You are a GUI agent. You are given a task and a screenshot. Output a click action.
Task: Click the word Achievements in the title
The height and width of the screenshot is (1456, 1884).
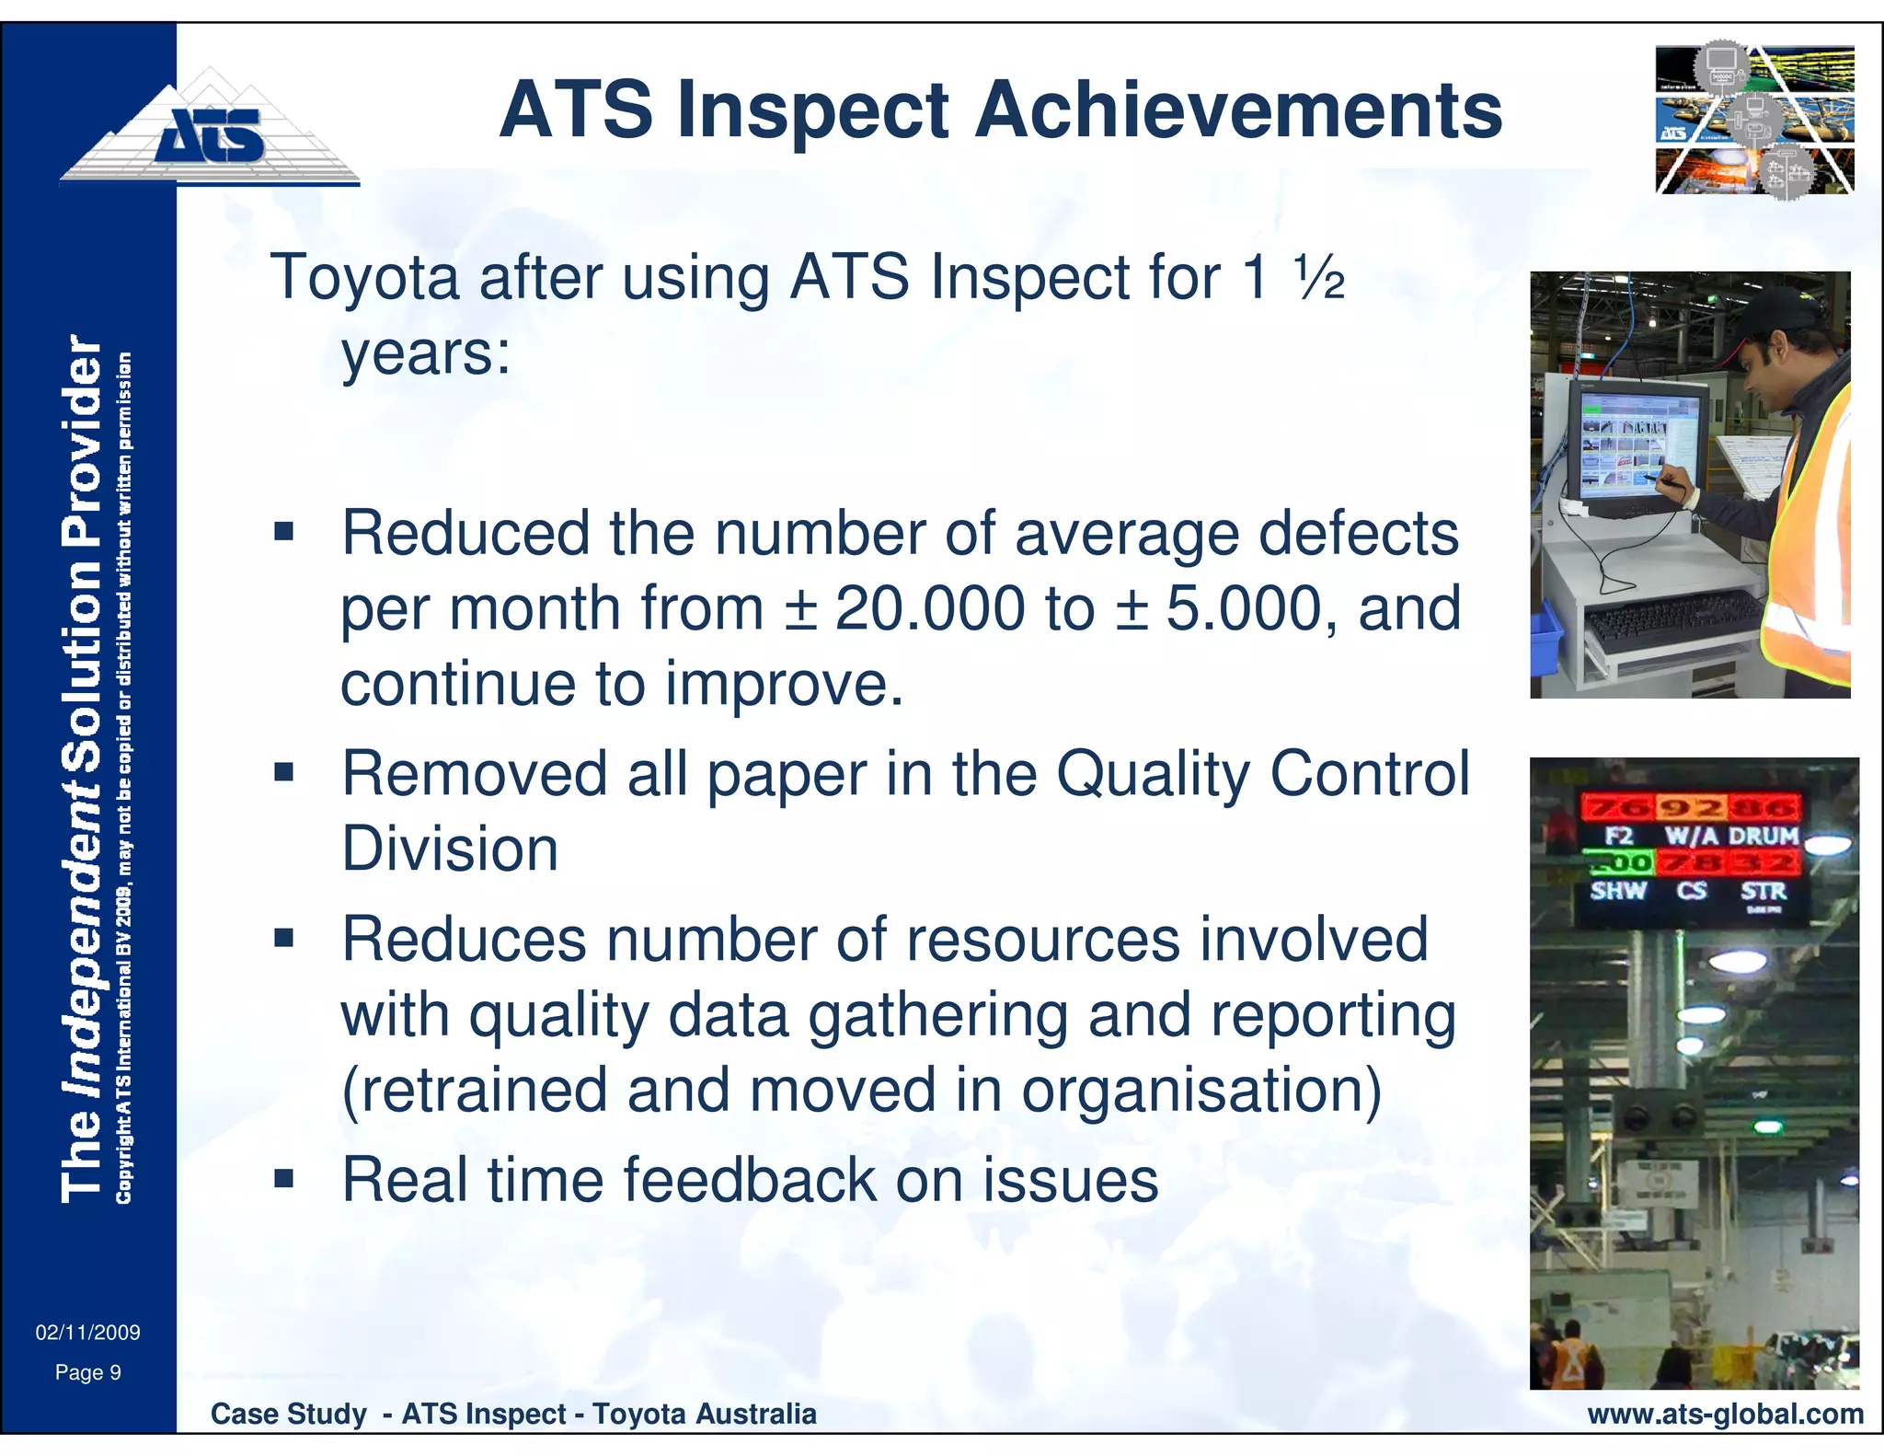(1237, 110)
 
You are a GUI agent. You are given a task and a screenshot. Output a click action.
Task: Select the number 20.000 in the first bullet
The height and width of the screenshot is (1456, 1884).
(929, 609)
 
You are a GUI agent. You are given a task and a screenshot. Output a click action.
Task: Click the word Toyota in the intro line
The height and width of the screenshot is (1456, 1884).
(364, 277)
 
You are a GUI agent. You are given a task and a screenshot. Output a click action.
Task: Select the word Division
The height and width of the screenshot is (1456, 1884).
(450, 849)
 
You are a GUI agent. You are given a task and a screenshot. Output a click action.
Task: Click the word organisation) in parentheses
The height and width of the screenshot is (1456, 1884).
(1200, 1091)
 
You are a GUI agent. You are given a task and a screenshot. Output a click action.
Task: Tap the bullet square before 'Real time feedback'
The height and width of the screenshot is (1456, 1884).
(283, 1178)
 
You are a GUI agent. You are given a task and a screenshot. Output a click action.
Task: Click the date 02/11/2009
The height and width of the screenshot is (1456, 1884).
(87, 1333)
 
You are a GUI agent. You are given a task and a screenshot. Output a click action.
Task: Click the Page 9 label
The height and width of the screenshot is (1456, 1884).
(87, 1373)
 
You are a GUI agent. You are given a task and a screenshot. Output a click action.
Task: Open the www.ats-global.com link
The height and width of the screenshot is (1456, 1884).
(1725, 1415)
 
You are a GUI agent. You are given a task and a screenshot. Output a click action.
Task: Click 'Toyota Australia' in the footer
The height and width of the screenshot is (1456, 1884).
(704, 1415)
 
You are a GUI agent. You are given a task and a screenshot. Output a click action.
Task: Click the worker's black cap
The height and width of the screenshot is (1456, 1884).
(1780, 318)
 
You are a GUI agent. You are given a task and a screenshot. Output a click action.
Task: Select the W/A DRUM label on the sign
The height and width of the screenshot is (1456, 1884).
(1730, 836)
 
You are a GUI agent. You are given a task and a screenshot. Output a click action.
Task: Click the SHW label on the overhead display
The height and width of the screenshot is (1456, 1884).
(1618, 891)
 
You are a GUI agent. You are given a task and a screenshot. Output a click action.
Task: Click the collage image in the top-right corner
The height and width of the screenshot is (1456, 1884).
(1753, 120)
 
